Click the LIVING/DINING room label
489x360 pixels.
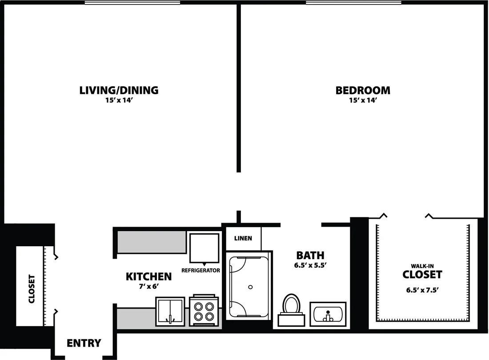pyautogui.click(x=119, y=90)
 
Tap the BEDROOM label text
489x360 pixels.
pyautogui.click(x=363, y=90)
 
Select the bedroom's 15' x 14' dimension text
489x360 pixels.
pyautogui.click(x=363, y=100)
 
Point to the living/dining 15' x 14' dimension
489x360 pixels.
pyautogui.click(x=119, y=100)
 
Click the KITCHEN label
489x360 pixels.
pyautogui.click(x=149, y=276)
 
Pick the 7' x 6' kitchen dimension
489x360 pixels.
pyautogui.click(x=149, y=286)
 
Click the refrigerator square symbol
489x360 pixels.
pyautogui.click(x=204, y=248)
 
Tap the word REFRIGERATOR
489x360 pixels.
pyautogui.click(x=201, y=271)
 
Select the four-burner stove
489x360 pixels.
pyautogui.click(x=204, y=310)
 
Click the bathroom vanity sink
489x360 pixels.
pyautogui.click(x=328, y=314)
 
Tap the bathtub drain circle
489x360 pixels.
pyautogui.click(x=250, y=287)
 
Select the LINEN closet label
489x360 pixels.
pyautogui.click(x=243, y=238)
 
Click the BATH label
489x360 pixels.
pyautogui.click(x=310, y=256)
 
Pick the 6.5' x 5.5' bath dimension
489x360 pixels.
pyautogui.click(x=310, y=266)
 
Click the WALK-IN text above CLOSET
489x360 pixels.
pyautogui.click(x=422, y=266)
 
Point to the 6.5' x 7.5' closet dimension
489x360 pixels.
pyautogui.click(x=422, y=290)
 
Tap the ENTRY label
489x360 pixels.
pyautogui.click(x=84, y=343)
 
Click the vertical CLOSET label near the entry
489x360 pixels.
pyautogui.click(x=32, y=288)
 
